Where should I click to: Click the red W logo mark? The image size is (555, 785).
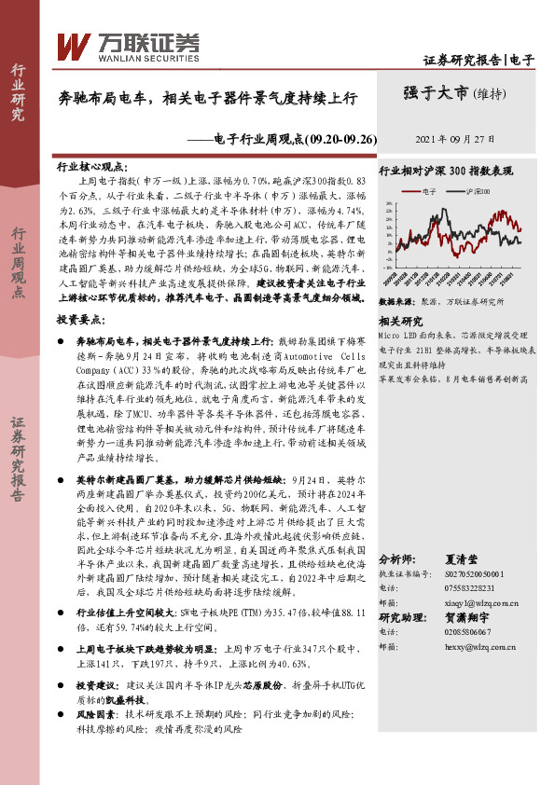click(73, 45)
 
